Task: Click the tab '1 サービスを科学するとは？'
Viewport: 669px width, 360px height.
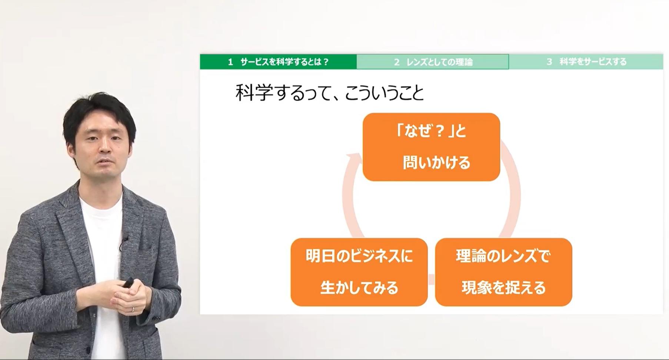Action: tap(278, 62)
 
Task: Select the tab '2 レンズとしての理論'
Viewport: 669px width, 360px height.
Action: tap(433, 62)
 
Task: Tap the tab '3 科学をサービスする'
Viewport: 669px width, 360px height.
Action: tap(586, 62)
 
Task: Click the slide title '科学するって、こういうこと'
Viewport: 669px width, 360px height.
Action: tap(329, 93)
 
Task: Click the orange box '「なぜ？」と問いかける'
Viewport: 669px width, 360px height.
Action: tap(431, 147)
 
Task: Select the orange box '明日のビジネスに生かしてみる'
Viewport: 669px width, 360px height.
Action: tap(359, 272)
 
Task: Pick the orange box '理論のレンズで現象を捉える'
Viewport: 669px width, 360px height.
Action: tap(503, 272)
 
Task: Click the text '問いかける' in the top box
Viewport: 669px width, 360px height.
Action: tap(436, 163)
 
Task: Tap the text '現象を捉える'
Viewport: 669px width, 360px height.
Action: tap(504, 288)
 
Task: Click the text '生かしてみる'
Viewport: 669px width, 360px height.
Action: tap(359, 288)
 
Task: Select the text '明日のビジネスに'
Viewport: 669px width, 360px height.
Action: tap(359, 256)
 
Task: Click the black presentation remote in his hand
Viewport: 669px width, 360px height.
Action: tap(129, 282)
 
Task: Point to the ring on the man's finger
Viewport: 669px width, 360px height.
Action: tap(133, 309)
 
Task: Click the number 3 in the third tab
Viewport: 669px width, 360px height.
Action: tap(549, 62)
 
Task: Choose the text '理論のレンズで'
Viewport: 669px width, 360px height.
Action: tap(503, 256)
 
